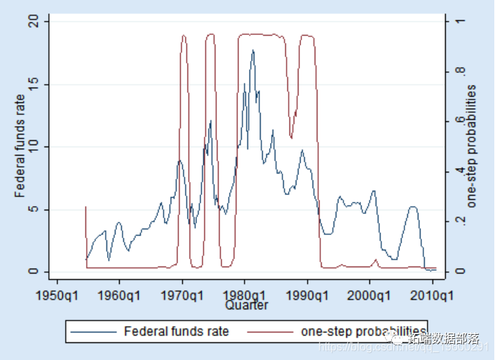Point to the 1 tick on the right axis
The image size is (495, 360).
pos(459,22)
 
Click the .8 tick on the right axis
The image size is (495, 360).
pos(459,72)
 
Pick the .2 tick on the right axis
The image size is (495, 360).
pos(459,221)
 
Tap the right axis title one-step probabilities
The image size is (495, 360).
pos(472,146)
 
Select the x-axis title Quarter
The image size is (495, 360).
pos(246,305)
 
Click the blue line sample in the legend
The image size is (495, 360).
pos(94,331)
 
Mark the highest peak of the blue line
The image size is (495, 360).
pos(253,51)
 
